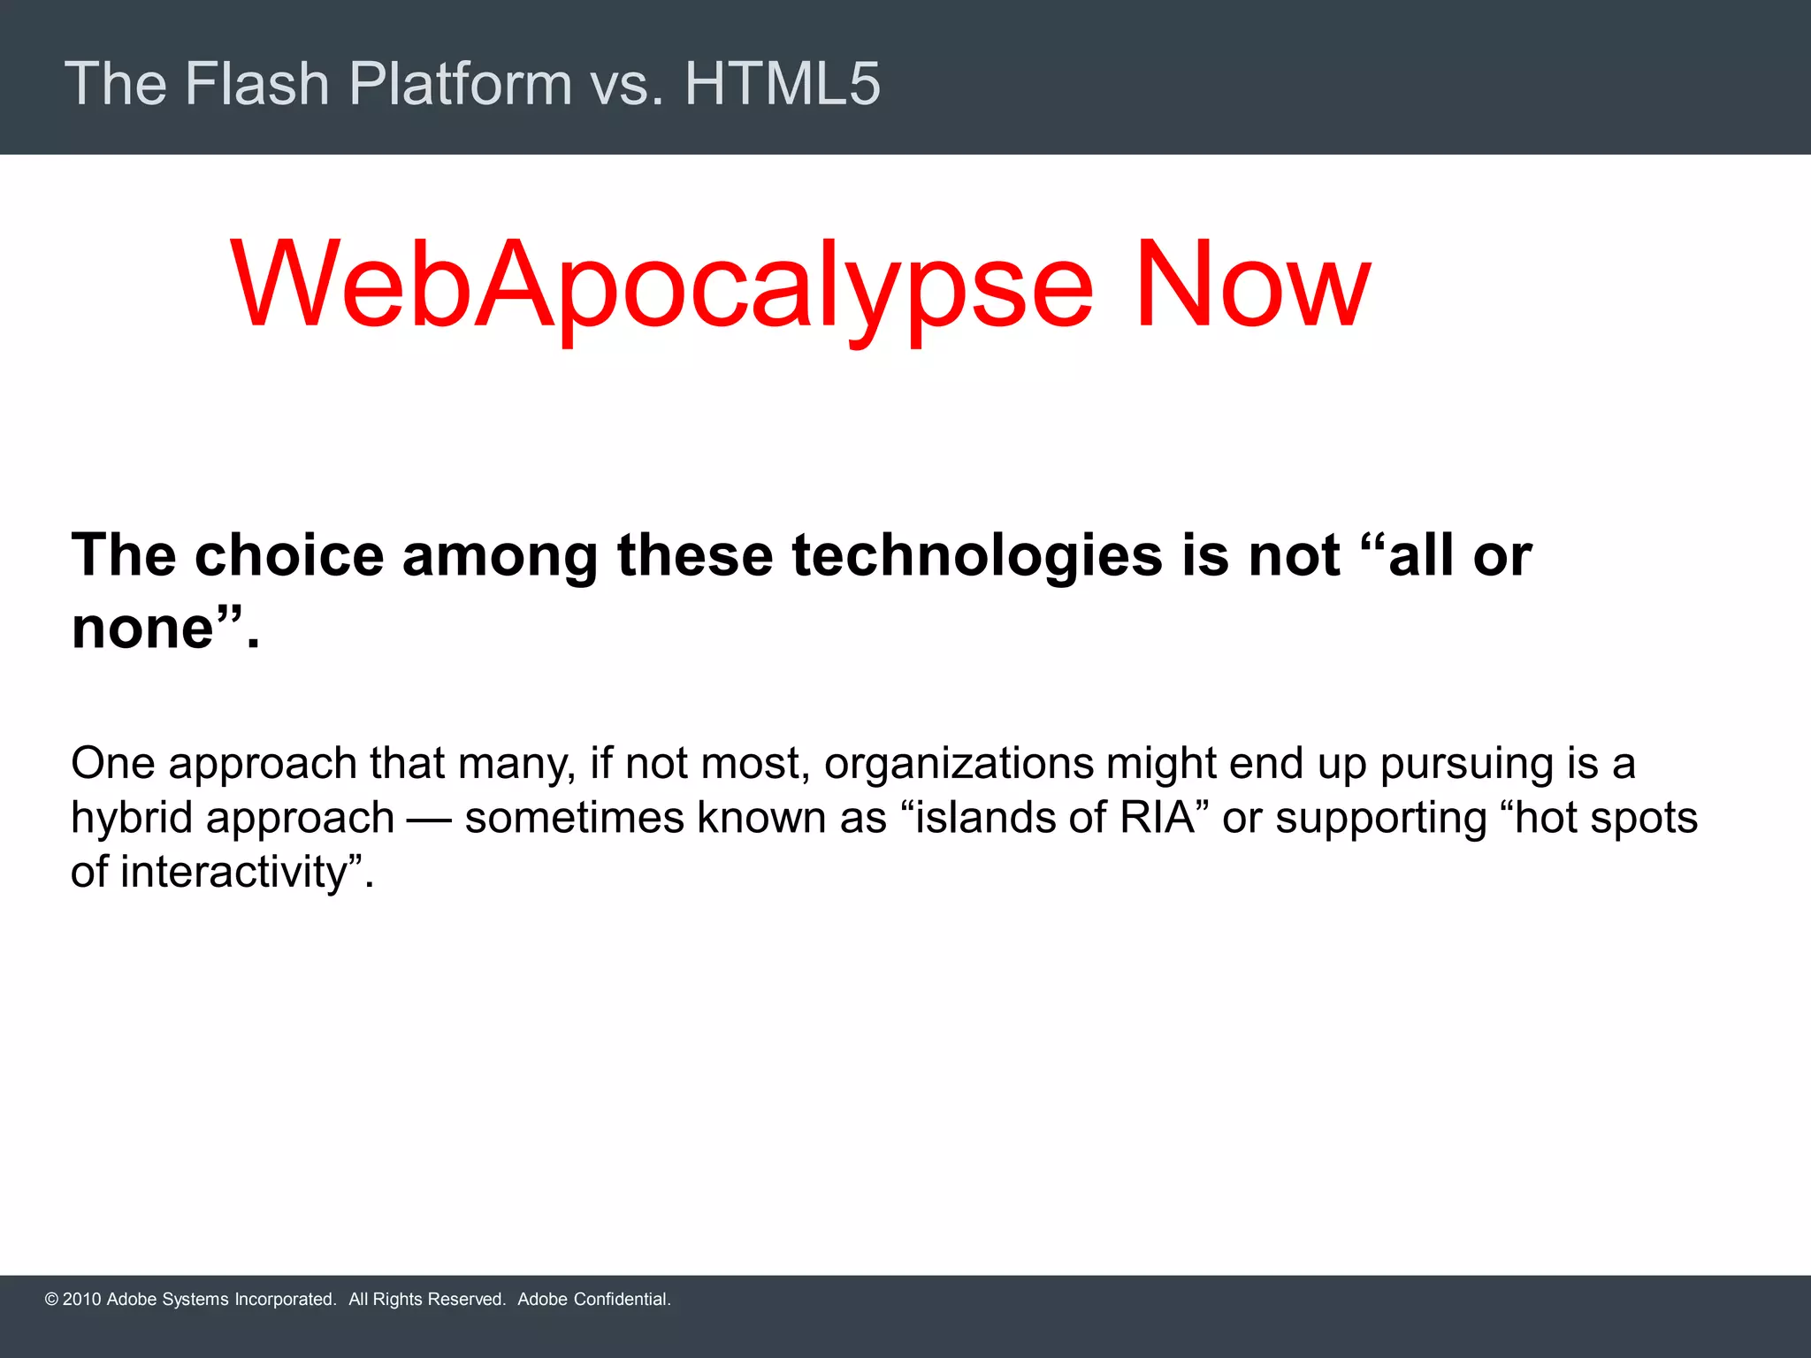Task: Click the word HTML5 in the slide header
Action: coord(782,84)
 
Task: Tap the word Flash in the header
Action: coord(256,84)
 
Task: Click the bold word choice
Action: coord(289,556)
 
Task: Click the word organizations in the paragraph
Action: coord(959,764)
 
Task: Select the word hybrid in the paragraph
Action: coord(132,818)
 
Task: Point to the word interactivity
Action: coord(234,873)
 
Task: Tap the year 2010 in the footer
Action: coord(81,1300)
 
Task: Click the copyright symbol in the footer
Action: coord(51,1300)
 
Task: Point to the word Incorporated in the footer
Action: coord(284,1300)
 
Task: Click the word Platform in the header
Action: coord(460,84)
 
